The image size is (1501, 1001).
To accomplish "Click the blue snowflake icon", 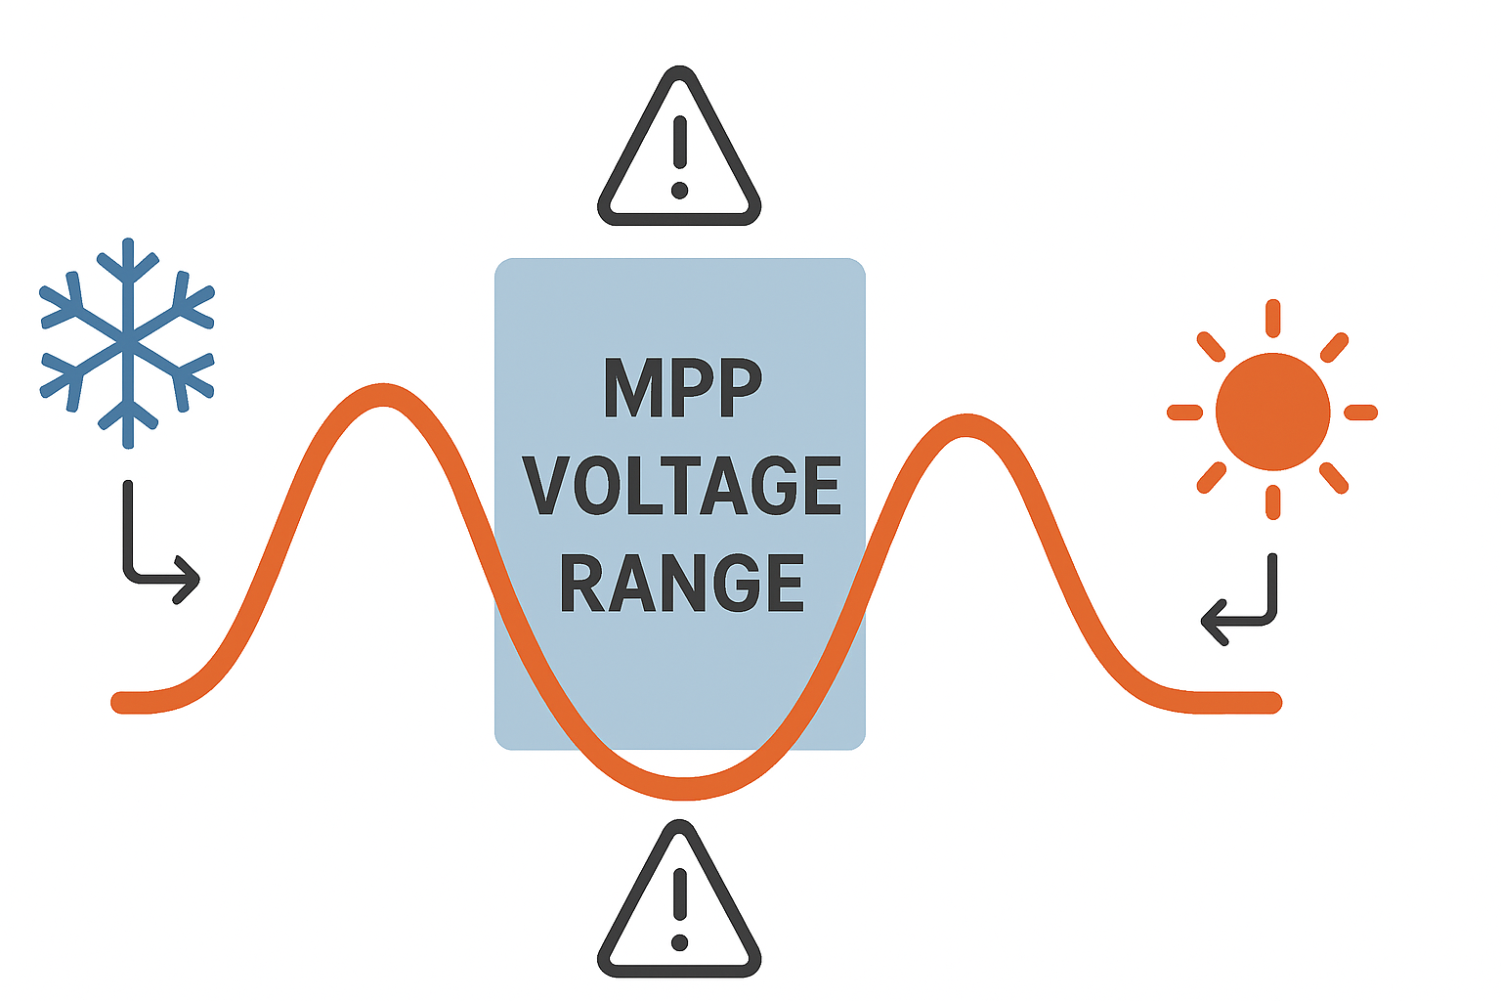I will pyautogui.click(x=127, y=342).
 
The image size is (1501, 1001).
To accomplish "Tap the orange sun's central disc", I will pyautogui.click(x=1272, y=412).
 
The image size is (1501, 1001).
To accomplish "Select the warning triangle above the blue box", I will pyautogui.click(x=679, y=147).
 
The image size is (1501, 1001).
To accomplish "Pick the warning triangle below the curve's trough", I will pyautogui.click(x=679, y=899).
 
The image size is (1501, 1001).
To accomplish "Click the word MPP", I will pyautogui.click(x=682, y=388).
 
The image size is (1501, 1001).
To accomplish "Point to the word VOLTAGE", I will pyautogui.click(x=682, y=486).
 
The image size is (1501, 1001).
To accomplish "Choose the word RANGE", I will pyautogui.click(x=682, y=584).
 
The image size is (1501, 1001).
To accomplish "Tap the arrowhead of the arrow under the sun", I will pyautogui.click(x=1209, y=621).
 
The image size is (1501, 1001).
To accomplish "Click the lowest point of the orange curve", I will pyautogui.click(x=684, y=788).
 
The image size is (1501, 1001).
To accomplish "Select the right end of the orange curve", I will pyautogui.click(x=1272, y=702).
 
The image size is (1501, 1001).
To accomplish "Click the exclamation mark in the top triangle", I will pyautogui.click(x=680, y=156).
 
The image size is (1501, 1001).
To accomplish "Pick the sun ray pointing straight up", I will pyautogui.click(x=1272, y=319).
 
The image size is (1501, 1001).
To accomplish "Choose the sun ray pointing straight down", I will pyautogui.click(x=1272, y=502).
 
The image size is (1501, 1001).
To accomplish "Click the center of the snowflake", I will pyautogui.click(x=127, y=342).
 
